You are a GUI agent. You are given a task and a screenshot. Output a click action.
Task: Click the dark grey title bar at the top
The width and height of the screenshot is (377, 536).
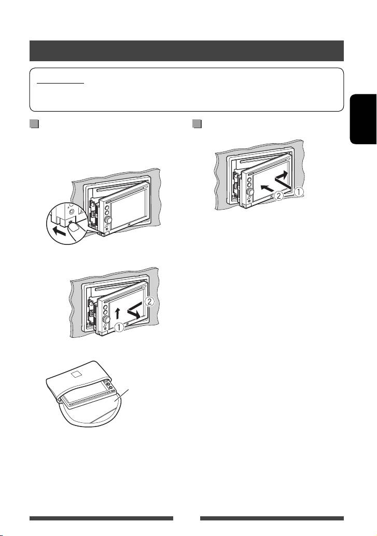187,51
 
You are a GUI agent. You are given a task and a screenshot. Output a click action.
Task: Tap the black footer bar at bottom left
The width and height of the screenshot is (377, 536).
101,518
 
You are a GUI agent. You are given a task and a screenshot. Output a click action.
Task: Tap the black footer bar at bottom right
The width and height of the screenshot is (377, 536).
272,518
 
